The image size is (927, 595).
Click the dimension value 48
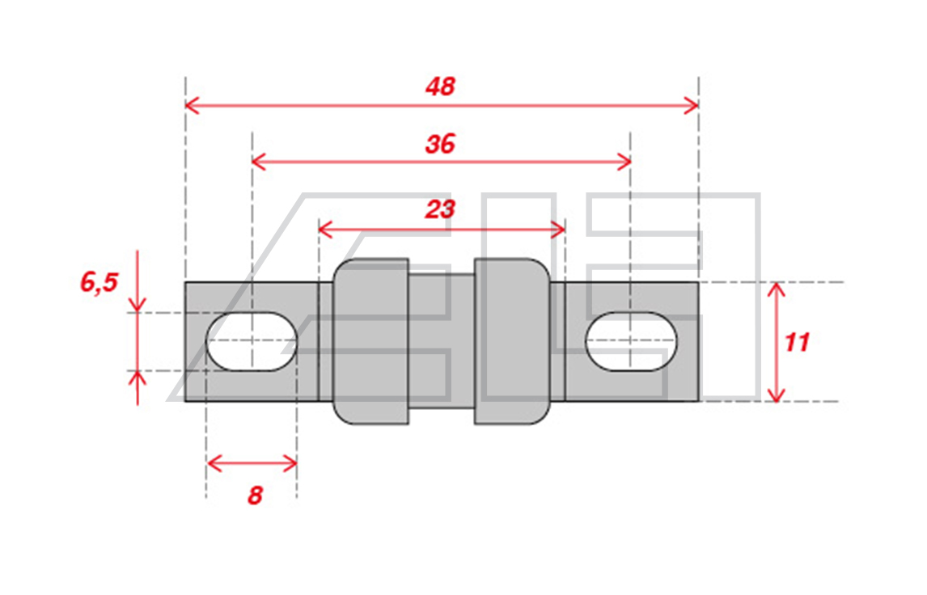coord(440,87)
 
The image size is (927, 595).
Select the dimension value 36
coord(440,144)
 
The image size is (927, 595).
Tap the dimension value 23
coord(440,209)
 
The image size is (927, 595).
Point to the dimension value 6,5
coord(99,282)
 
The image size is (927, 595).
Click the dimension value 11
coord(796,343)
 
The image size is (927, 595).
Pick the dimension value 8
coord(255,495)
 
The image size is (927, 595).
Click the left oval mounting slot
coord(252,341)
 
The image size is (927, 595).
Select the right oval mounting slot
coord(632,341)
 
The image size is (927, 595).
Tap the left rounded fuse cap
coord(370,341)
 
